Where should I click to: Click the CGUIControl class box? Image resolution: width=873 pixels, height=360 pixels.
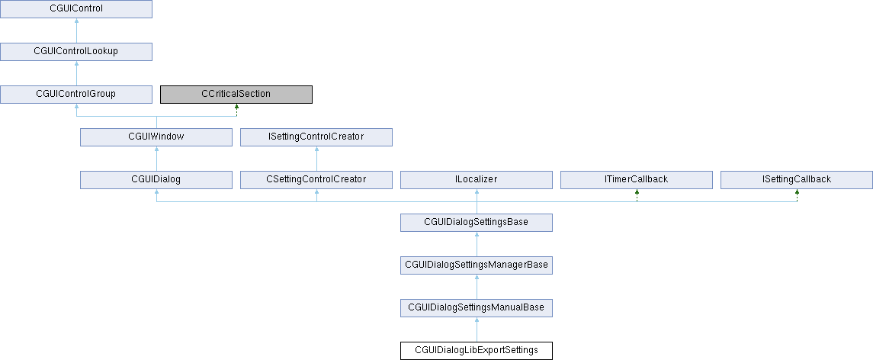76,9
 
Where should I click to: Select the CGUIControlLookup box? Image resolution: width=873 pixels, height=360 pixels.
76,51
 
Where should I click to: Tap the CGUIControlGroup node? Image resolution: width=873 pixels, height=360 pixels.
76,94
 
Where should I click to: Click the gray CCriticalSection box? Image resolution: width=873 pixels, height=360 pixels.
236,94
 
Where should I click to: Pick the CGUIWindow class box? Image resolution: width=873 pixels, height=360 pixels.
156,137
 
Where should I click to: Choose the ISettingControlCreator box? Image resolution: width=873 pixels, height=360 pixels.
316,137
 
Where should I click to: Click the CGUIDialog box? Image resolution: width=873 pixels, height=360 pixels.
156,180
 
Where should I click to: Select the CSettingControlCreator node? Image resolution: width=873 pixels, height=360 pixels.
316,180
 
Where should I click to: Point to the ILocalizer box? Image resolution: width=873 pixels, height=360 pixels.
477,180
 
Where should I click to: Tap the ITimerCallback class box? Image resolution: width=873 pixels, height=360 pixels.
637,180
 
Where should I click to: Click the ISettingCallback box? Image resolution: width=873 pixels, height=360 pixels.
797,180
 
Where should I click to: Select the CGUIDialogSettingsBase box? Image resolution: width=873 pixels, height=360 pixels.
477,223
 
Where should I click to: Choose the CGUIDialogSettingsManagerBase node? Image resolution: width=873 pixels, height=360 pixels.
477,265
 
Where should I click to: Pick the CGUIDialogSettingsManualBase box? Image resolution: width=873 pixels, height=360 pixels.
477,308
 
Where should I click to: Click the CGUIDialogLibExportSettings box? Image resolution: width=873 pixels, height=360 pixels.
477,351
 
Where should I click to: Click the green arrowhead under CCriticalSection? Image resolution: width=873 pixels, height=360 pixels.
236,107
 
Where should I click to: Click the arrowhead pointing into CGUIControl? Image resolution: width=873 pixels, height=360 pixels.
76,21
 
